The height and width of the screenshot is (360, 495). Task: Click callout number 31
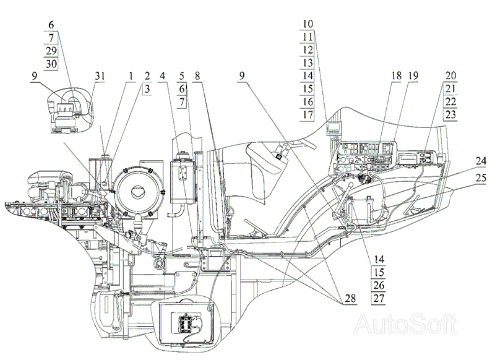(100, 75)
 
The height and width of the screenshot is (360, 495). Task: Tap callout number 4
(163, 75)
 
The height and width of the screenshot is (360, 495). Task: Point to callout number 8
(197, 75)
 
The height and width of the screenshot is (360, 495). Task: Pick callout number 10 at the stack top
(308, 24)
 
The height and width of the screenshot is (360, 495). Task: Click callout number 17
(308, 114)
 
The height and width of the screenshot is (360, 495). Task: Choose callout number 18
(396, 75)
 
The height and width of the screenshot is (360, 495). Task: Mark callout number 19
(413, 75)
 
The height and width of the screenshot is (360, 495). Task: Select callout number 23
(450, 114)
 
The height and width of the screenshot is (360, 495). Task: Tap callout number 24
(481, 161)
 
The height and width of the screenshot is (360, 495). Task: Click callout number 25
(481, 178)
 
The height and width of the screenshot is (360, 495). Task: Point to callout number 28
(350, 298)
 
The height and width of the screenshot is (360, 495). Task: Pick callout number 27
(379, 298)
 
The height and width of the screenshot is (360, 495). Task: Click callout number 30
(51, 64)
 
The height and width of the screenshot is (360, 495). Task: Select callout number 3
(147, 89)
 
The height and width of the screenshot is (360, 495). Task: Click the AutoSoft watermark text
(405, 324)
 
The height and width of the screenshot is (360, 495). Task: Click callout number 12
(308, 49)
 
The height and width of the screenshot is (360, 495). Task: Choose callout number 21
(450, 88)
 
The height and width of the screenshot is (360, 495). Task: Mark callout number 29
(51, 51)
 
